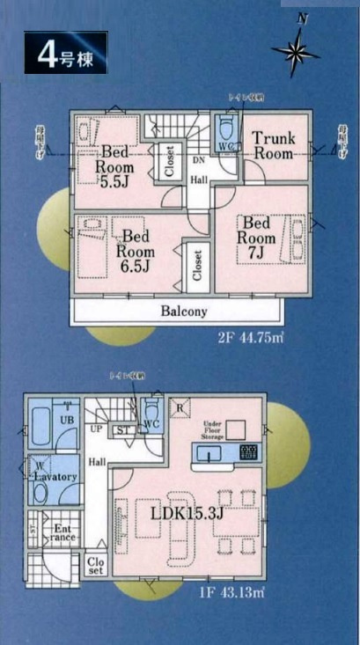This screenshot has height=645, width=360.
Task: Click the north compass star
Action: click(296, 53)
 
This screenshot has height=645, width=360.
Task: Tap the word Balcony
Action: click(184, 312)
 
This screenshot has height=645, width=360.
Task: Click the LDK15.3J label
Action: click(186, 513)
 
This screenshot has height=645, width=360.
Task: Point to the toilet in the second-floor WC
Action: click(224, 123)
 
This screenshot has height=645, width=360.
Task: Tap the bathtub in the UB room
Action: click(40, 429)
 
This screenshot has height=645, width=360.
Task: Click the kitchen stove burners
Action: click(250, 453)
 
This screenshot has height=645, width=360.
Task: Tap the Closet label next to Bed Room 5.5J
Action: click(169, 161)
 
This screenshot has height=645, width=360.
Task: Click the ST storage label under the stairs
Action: click(124, 429)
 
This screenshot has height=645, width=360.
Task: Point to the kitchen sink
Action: click(210, 453)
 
